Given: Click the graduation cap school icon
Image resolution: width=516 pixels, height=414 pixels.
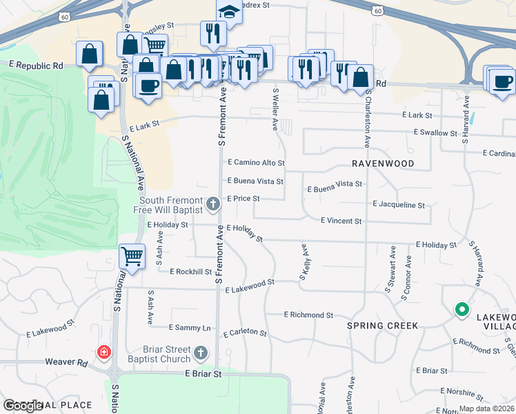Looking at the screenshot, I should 229,12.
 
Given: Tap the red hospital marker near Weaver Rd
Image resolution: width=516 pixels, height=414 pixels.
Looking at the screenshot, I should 103,353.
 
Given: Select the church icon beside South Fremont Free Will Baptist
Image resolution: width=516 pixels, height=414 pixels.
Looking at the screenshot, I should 213,204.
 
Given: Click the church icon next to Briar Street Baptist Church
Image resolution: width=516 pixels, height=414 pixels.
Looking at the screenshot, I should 200,354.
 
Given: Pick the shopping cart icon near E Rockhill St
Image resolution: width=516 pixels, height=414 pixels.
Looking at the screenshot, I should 132,257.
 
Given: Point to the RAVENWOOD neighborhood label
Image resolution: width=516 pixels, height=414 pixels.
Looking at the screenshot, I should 383,164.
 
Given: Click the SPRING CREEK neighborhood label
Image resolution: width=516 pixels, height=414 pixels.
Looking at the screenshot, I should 382,325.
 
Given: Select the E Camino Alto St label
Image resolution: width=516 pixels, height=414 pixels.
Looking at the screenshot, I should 256,164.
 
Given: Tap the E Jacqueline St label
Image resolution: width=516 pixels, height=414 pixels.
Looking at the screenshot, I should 399,205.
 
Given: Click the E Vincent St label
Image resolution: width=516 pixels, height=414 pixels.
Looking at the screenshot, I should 341,221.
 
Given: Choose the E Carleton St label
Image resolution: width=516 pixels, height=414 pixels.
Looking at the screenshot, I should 245,333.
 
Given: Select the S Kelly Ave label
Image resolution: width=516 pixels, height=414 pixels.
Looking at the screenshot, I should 303,262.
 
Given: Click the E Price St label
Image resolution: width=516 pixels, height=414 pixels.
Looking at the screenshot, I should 244,198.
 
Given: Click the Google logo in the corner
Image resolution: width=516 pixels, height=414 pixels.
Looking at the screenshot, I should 23,406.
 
